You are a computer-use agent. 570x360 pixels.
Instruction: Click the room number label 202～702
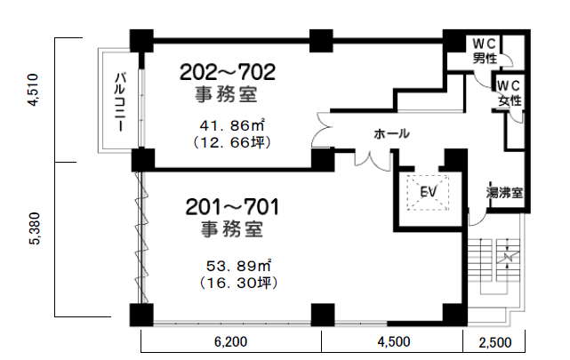pyautogui.click(x=229, y=71)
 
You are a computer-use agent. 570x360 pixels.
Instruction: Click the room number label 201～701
pyautogui.click(x=233, y=208)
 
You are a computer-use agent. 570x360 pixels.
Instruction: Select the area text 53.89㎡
pyautogui.click(x=237, y=266)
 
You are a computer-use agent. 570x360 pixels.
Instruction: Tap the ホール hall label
pyautogui.click(x=391, y=134)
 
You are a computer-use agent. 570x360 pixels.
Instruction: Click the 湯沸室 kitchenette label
pyautogui.click(x=502, y=192)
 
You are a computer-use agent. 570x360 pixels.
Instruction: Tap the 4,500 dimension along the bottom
pyautogui.click(x=393, y=342)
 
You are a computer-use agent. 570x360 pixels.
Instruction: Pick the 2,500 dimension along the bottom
pyautogui.click(x=495, y=342)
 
